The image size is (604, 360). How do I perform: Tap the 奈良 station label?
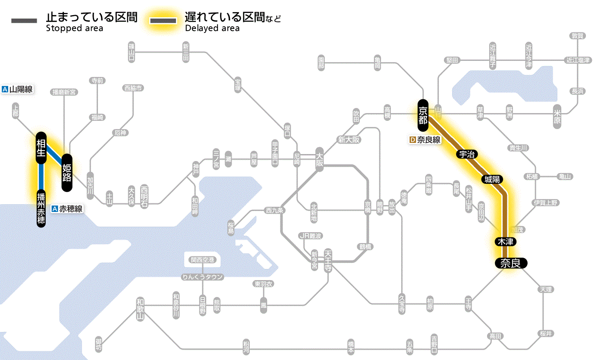pos(511,263)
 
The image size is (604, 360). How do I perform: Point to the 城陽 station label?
pos(492,179)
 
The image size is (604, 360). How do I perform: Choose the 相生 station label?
pos(41,148)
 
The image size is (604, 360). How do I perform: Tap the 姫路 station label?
pos(67,172)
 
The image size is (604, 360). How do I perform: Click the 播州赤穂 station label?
pos(41,208)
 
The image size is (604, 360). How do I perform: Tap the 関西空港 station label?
pos(202,260)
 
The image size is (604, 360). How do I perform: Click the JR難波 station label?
pos(311,236)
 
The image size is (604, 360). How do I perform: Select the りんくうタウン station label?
pos(202,277)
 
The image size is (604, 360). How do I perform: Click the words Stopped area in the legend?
pos(75,28)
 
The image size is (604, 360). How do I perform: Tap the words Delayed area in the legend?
pos(212,28)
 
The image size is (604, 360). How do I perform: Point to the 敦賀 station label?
pos(578,36)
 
